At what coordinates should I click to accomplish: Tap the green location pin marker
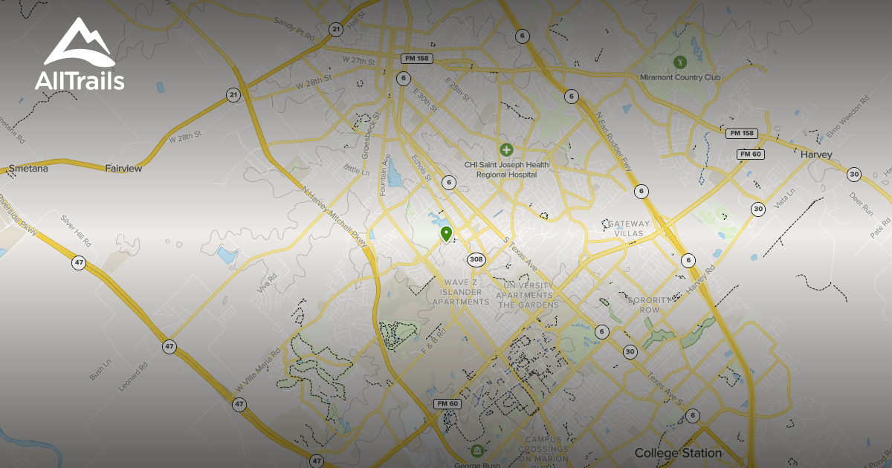coord(446,235)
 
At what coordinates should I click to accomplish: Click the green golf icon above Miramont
coord(678,61)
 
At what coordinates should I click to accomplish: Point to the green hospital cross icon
coord(506,150)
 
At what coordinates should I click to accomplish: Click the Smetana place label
coord(28,169)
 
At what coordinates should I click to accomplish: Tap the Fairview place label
coord(123,169)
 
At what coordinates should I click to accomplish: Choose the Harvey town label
coord(816,155)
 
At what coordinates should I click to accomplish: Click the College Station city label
coord(678,452)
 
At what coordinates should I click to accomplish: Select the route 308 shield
coord(476,259)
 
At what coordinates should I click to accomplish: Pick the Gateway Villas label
coord(629,227)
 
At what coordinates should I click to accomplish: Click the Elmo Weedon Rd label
coord(847,118)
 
